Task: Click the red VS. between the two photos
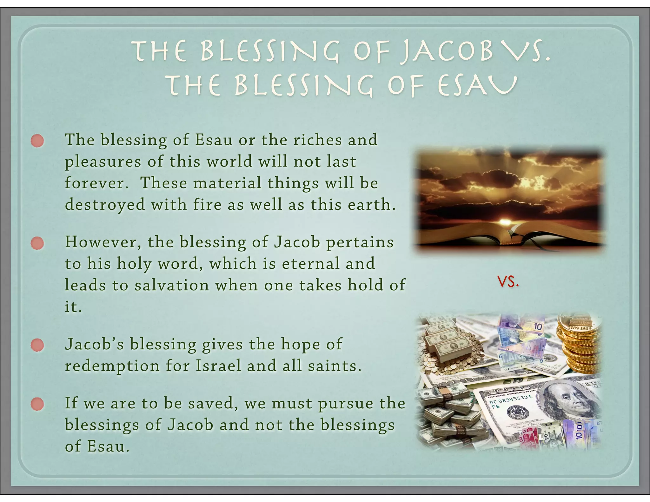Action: click(x=508, y=282)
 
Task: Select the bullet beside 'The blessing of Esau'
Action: click(x=37, y=141)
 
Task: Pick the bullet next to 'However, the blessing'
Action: click(x=37, y=243)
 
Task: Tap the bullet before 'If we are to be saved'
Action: click(x=37, y=404)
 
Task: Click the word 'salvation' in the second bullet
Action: click(x=172, y=285)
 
